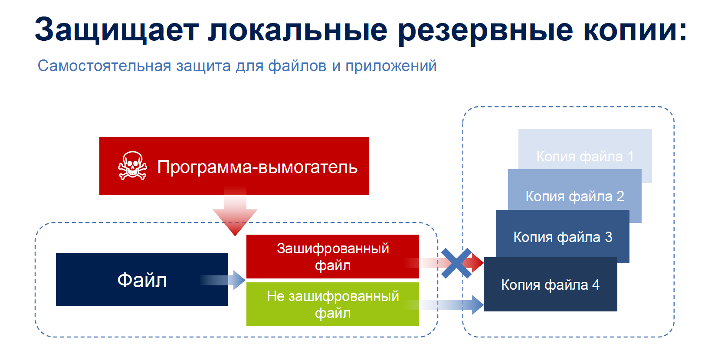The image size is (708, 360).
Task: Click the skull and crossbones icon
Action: (132, 166)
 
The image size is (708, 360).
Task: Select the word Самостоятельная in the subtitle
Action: (104, 66)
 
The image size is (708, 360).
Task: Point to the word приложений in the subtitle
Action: (391, 66)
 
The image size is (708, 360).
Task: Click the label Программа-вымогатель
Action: (257, 167)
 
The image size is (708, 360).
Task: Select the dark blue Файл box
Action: (142, 279)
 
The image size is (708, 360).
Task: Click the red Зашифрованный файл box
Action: (332, 256)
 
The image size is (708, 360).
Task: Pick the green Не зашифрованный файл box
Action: (332, 304)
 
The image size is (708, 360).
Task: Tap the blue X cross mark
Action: (456, 263)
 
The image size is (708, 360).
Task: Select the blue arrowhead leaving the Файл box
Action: (239, 280)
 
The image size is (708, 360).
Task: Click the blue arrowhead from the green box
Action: (478, 304)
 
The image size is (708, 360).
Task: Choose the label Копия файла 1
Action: (585, 157)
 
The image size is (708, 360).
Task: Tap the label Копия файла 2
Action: (575, 196)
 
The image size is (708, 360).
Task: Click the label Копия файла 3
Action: (563, 237)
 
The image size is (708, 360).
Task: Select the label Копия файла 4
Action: (550, 285)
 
